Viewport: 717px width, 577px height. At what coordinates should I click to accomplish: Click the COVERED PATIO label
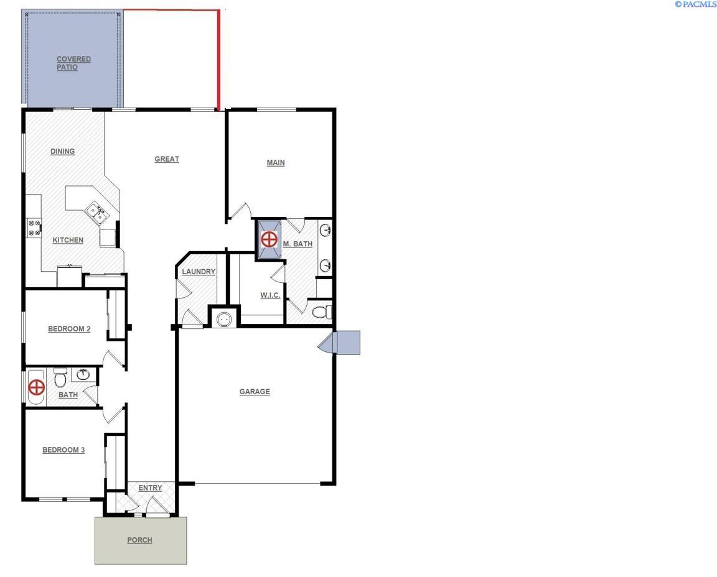pyautogui.click(x=73, y=63)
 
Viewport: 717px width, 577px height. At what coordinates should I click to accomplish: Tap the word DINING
pyautogui.click(x=62, y=151)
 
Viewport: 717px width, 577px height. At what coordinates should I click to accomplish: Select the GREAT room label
pyautogui.click(x=167, y=159)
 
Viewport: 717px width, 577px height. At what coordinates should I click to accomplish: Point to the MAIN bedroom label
pyautogui.click(x=276, y=163)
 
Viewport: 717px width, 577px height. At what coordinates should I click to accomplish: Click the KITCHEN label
pyautogui.click(x=68, y=241)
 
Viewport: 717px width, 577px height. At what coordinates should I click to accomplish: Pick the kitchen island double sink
pyautogui.click(x=96, y=213)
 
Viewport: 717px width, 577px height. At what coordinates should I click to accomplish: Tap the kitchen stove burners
pyautogui.click(x=34, y=227)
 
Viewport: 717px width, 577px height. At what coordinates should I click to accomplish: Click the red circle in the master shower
pyautogui.click(x=269, y=239)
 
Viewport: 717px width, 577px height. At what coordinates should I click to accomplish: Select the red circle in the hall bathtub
pyautogui.click(x=37, y=388)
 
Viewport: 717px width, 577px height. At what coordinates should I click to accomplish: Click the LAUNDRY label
pyautogui.click(x=199, y=272)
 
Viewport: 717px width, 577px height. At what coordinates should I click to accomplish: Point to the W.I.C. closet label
pyautogui.click(x=270, y=295)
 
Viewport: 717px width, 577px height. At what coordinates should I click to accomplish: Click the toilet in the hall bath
pyautogui.click(x=60, y=377)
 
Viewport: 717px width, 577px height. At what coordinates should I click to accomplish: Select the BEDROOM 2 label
pyautogui.click(x=69, y=329)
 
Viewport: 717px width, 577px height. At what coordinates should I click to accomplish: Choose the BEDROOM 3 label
pyautogui.click(x=63, y=450)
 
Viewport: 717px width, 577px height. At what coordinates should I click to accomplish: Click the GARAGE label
pyautogui.click(x=255, y=392)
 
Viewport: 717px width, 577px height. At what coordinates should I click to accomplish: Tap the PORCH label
pyautogui.click(x=139, y=540)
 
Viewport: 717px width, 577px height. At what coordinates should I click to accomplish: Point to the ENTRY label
pyautogui.click(x=150, y=488)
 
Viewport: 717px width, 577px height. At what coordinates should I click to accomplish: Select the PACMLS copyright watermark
pyautogui.click(x=695, y=4)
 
